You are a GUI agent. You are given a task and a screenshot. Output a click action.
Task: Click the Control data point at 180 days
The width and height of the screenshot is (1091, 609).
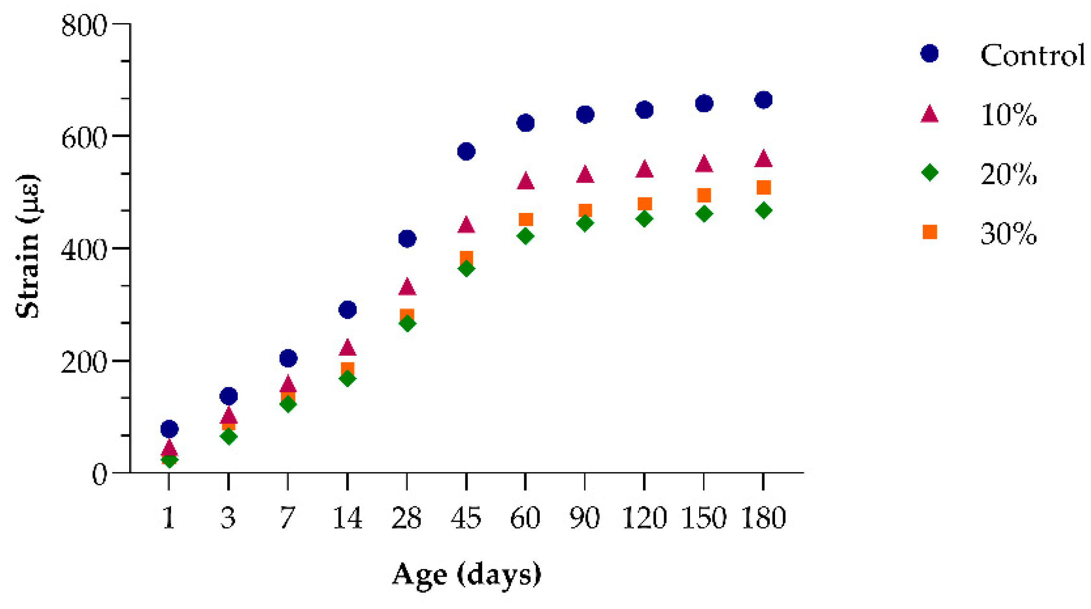(763, 100)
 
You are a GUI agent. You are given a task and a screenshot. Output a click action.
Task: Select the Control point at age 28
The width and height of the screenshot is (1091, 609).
(407, 238)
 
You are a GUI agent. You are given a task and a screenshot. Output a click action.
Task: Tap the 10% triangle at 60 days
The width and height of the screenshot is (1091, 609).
(525, 181)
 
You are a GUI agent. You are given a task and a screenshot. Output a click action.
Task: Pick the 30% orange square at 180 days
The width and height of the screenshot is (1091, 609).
(763, 187)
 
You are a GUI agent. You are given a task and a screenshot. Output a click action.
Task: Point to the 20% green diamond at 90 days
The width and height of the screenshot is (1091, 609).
(585, 223)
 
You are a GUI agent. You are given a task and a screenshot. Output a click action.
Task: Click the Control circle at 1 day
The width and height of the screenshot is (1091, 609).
(169, 429)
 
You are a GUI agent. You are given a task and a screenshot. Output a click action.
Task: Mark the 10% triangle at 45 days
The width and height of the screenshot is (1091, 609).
(466, 224)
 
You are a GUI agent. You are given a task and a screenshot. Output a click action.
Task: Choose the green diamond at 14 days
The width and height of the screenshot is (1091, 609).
(347, 379)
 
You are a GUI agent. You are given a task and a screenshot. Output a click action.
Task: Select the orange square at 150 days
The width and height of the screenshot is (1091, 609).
(703, 195)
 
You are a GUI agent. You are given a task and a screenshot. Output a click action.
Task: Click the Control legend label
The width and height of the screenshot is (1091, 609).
(1032, 56)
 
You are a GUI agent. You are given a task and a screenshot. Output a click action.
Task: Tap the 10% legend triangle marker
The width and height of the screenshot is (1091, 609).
(930, 114)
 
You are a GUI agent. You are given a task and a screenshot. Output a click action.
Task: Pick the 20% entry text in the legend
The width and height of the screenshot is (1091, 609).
(1008, 174)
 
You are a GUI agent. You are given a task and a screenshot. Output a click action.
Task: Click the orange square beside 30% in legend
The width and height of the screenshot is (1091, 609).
(930, 233)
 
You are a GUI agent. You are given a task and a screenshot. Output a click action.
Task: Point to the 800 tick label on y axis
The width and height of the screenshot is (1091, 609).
(84, 25)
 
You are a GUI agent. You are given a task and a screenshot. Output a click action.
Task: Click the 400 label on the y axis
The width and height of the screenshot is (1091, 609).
(84, 250)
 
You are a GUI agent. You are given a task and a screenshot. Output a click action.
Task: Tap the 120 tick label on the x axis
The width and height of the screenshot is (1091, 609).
(644, 518)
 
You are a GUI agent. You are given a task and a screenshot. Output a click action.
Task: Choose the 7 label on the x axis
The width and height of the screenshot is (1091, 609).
(287, 518)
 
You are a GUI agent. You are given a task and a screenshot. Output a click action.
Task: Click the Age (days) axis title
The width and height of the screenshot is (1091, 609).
(466, 574)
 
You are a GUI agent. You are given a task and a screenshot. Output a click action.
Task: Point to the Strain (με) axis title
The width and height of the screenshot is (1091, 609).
(28, 246)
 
